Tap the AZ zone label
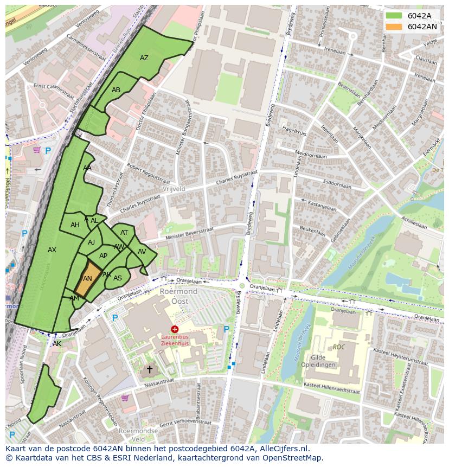144,58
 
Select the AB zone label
116,90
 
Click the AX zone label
52,250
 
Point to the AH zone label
75,225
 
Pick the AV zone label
142,252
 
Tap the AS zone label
118,278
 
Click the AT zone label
124,233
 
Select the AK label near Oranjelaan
57,344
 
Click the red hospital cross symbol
175,329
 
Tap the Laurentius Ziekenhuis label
175,340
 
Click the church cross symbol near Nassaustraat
150,369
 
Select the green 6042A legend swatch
394,16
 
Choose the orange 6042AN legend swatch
394,27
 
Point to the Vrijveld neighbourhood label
174,189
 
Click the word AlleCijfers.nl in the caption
281,449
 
